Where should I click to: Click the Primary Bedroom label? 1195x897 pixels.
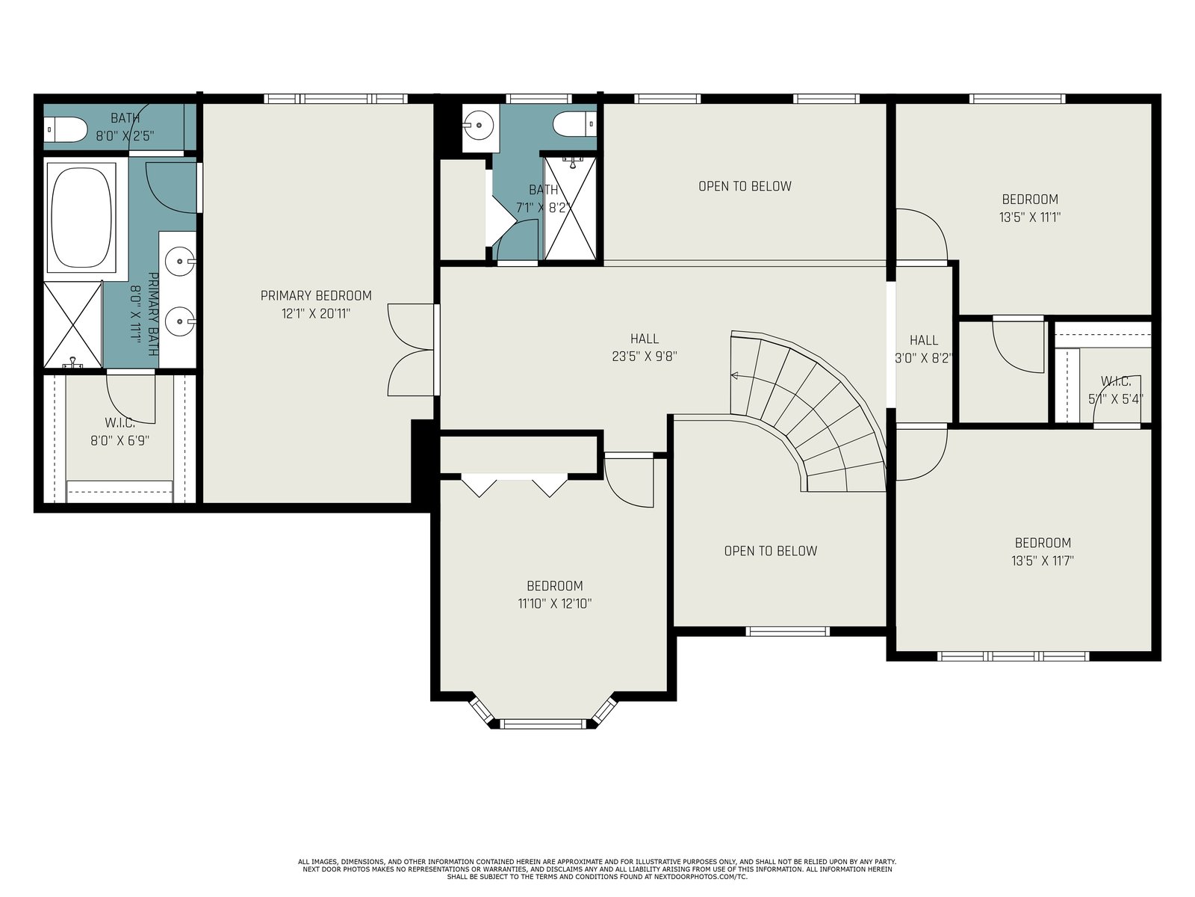pyautogui.click(x=316, y=296)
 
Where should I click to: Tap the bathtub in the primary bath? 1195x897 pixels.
pyautogui.click(x=81, y=218)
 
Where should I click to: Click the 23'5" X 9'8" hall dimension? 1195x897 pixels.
pyautogui.click(x=645, y=357)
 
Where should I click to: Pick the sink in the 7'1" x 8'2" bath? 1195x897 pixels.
pyautogui.click(x=479, y=126)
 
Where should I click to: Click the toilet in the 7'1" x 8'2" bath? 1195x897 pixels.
pyautogui.click(x=575, y=124)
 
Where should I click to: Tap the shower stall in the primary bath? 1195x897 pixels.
pyautogui.click(x=72, y=324)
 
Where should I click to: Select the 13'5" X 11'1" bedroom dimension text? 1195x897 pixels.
pyautogui.click(x=1030, y=218)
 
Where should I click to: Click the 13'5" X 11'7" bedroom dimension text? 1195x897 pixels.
pyautogui.click(x=1043, y=561)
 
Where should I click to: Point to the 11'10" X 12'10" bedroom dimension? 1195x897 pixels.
pyautogui.click(x=555, y=603)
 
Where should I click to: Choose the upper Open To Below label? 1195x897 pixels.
pyautogui.click(x=745, y=186)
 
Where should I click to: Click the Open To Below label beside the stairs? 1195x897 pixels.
pyautogui.click(x=770, y=551)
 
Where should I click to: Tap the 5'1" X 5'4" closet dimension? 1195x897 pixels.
pyautogui.click(x=1116, y=399)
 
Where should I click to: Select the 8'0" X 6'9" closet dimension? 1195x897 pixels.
pyautogui.click(x=119, y=440)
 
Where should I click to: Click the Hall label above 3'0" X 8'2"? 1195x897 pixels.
pyautogui.click(x=924, y=340)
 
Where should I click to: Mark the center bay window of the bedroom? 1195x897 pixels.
pyautogui.click(x=543, y=724)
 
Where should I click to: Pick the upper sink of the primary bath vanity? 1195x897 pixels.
pyautogui.click(x=180, y=262)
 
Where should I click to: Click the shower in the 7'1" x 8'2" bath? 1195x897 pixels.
pyautogui.click(x=571, y=208)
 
